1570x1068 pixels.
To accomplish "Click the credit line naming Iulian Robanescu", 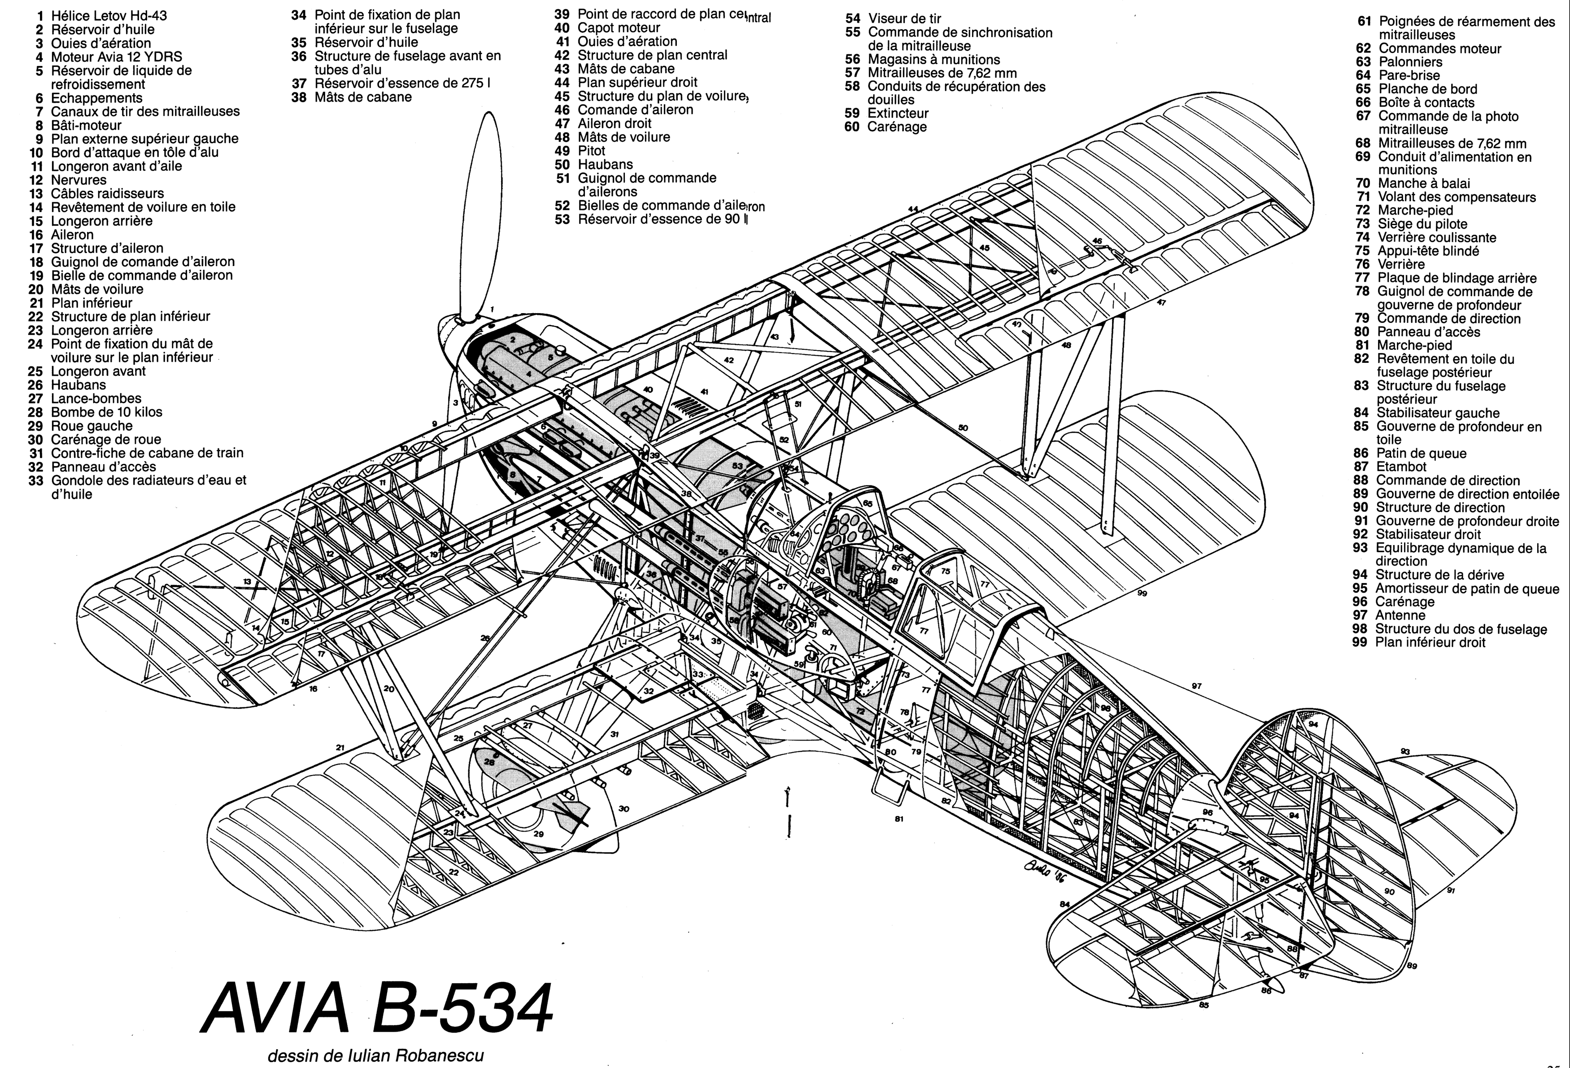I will point(375,1055).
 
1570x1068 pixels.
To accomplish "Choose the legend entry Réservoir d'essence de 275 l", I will point(402,83).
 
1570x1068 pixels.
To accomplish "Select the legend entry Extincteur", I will point(897,113).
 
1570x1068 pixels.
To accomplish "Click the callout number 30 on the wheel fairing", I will point(624,809).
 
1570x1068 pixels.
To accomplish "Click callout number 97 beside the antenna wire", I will point(1196,686).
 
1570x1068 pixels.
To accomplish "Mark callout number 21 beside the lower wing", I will point(340,748).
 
